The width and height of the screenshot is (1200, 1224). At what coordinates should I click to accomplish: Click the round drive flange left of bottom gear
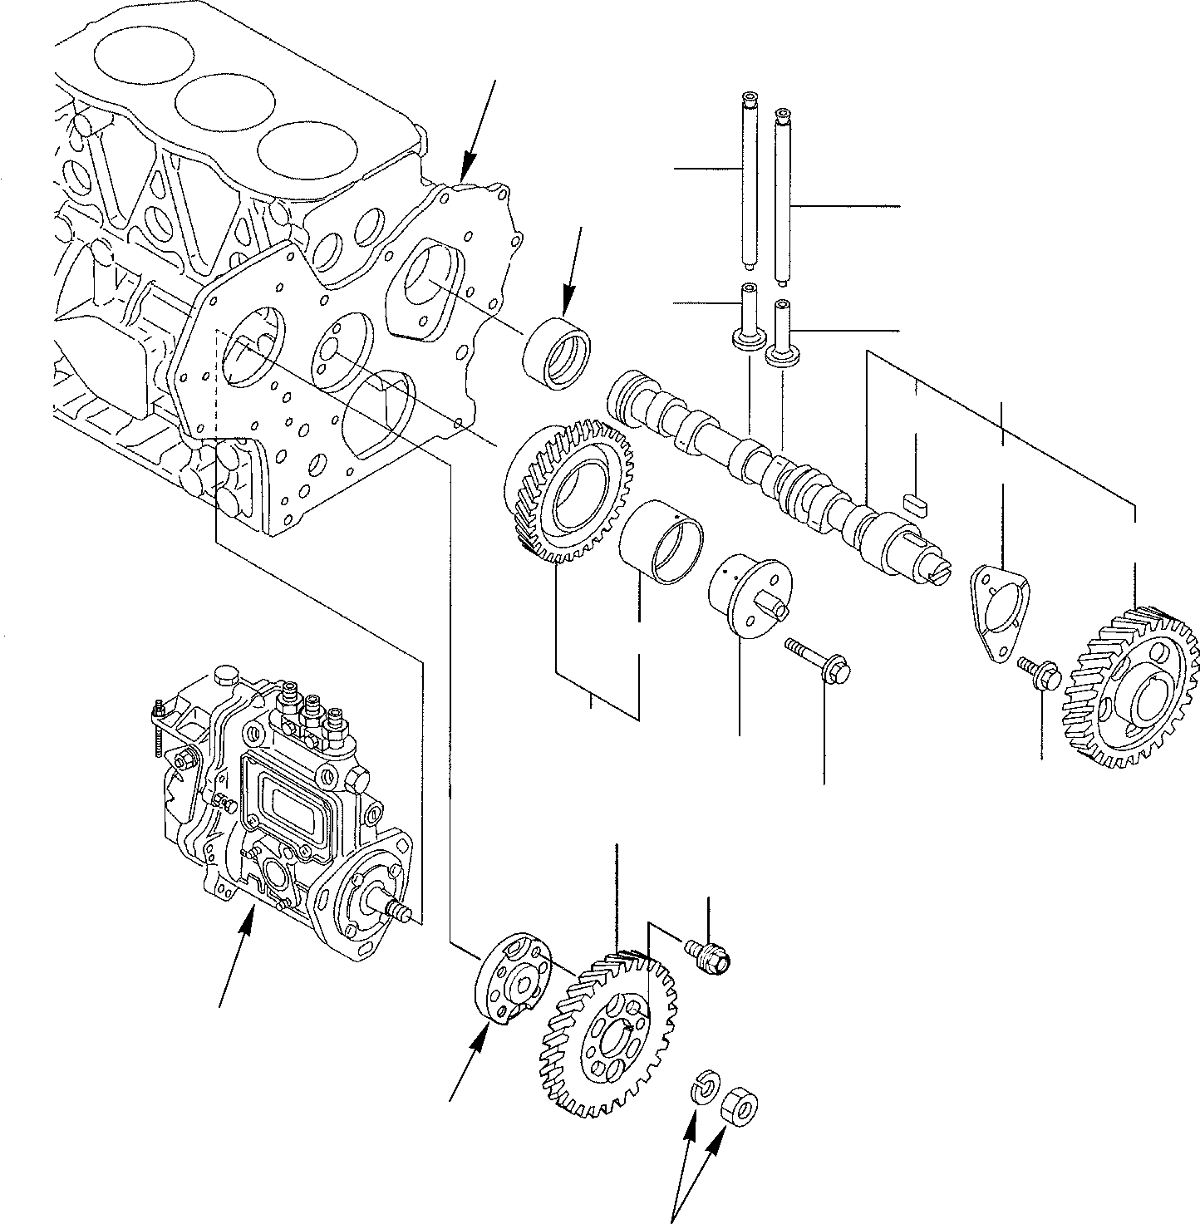511,980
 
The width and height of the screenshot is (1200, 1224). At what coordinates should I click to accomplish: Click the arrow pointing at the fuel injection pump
235,956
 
